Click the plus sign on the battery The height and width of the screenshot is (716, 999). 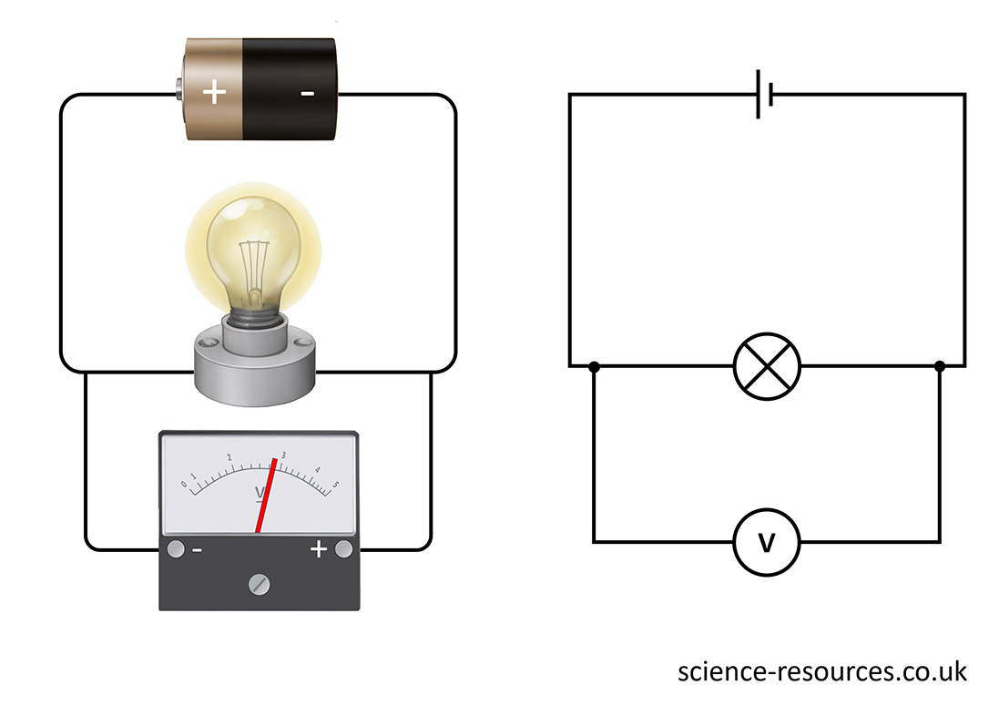(x=214, y=92)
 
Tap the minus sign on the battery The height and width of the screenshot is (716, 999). (x=307, y=94)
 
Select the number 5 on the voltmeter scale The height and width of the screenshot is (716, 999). (x=335, y=484)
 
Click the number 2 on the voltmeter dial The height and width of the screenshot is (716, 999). (x=229, y=458)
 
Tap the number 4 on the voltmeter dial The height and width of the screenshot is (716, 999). (x=317, y=469)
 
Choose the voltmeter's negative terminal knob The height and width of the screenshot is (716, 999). (x=175, y=549)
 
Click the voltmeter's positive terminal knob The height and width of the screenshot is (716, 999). (x=343, y=549)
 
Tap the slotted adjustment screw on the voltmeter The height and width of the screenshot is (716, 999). (x=260, y=583)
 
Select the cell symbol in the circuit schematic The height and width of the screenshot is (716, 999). (x=765, y=95)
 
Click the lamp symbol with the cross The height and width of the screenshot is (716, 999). (x=767, y=366)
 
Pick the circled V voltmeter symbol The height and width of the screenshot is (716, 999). (x=767, y=543)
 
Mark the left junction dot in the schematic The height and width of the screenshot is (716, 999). (x=594, y=367)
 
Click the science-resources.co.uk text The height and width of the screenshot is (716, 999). (x=821, y=672)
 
